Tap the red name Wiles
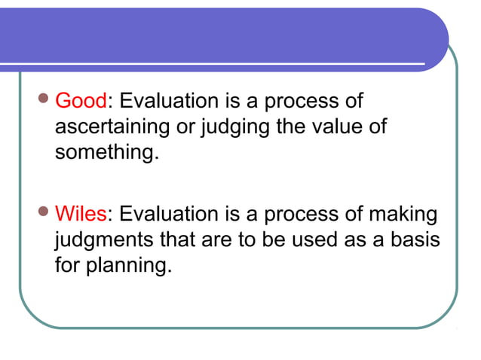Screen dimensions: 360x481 81,214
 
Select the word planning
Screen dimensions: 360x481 133,266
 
